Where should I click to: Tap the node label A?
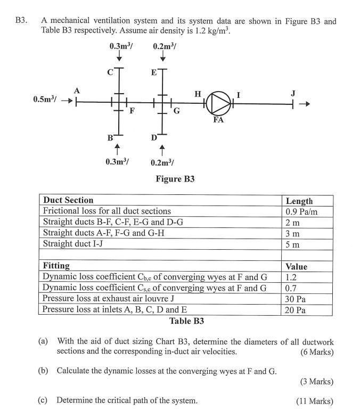coord(76,91)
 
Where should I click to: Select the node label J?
coord(292,93)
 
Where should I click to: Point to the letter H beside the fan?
coord(198,94)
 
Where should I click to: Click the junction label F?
coord(132,111)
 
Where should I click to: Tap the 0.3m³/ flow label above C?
coord(121,46)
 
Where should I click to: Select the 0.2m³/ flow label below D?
coord(162,162)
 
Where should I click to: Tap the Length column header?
coord(299,201)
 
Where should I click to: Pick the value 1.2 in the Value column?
coord(291,277)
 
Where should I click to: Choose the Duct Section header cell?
coord(68,200)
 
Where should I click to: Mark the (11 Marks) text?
coord(315,401)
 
